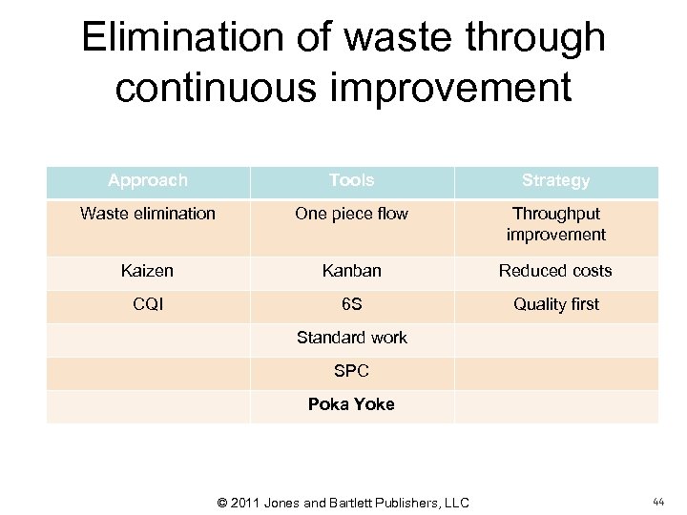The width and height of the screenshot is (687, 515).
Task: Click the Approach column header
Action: pos(148,180)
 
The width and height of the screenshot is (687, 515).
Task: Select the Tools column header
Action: pos(351,180)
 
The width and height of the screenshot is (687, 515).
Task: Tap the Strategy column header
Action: pos(555,180)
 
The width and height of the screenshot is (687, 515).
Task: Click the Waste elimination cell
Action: pos(148,214)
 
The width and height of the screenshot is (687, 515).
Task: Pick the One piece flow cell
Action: pos(351,214)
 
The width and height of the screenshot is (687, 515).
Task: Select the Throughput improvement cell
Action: pos(555,224)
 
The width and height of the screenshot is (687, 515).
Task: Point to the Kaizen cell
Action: pos(148,271)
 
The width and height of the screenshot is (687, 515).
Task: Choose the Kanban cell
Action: pos(351,271)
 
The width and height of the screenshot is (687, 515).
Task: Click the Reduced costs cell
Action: pos(555,271)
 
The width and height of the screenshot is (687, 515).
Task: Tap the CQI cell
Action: pos(148,304)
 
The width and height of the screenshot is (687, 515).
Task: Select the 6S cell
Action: pos(351,304)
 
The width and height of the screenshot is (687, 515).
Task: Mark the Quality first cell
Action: pos(555,304)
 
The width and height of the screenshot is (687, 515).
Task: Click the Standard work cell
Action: pos(351,338)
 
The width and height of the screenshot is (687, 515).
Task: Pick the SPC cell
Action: pos(351,371)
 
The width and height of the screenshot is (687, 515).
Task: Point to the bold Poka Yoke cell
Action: pos(351,404)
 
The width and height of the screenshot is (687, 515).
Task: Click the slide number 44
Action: pos(658,502)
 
